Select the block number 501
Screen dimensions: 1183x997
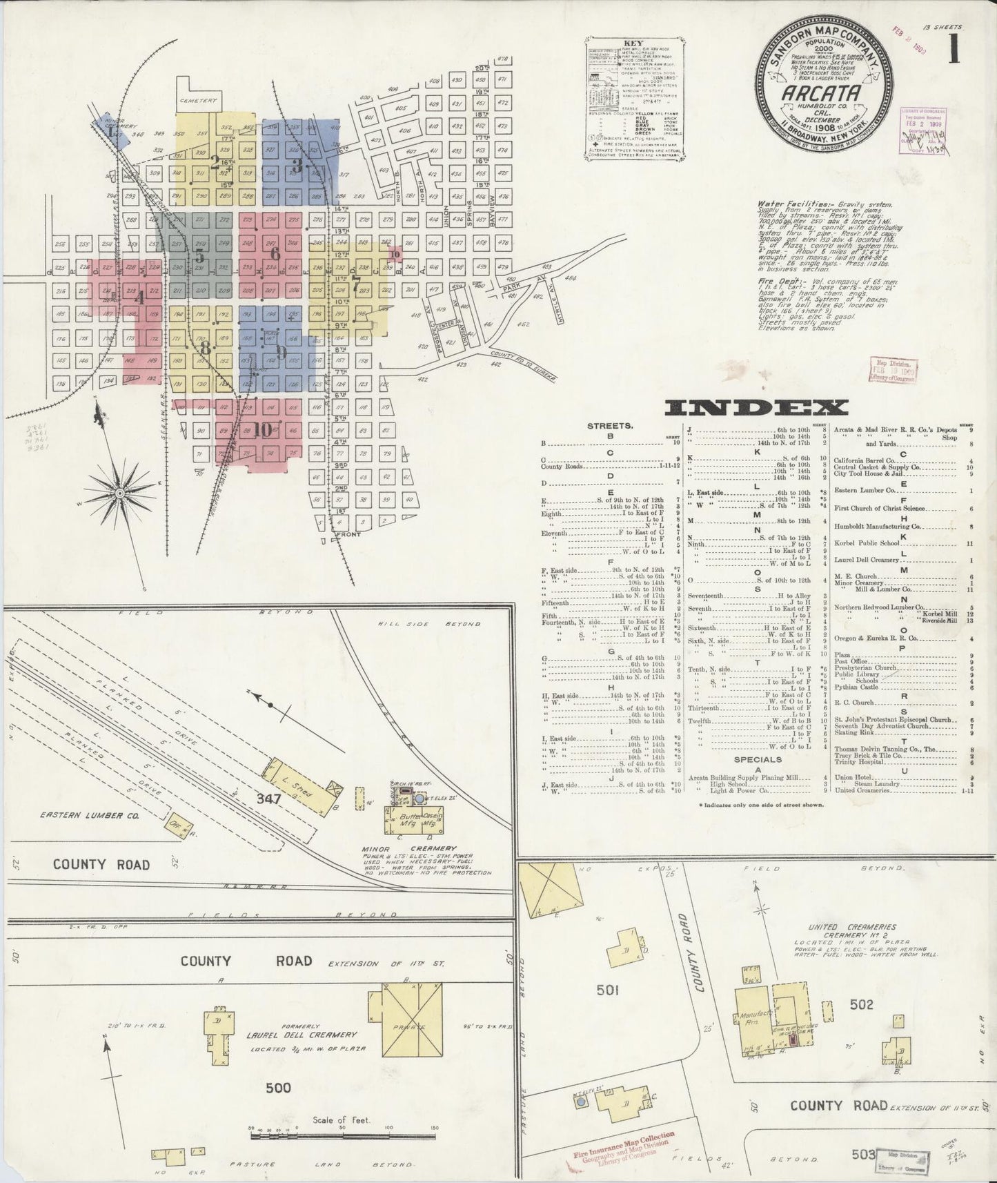pos(607,990)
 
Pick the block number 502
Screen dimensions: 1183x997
pos(862,1004)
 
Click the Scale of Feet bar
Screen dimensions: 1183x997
pos(342,1133)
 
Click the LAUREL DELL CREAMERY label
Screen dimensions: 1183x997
pos(302,1035)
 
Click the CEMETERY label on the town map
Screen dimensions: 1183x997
pos(198,101)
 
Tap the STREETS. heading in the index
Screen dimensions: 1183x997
pos(610,425)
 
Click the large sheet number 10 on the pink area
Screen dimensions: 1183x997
pos(262,429)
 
